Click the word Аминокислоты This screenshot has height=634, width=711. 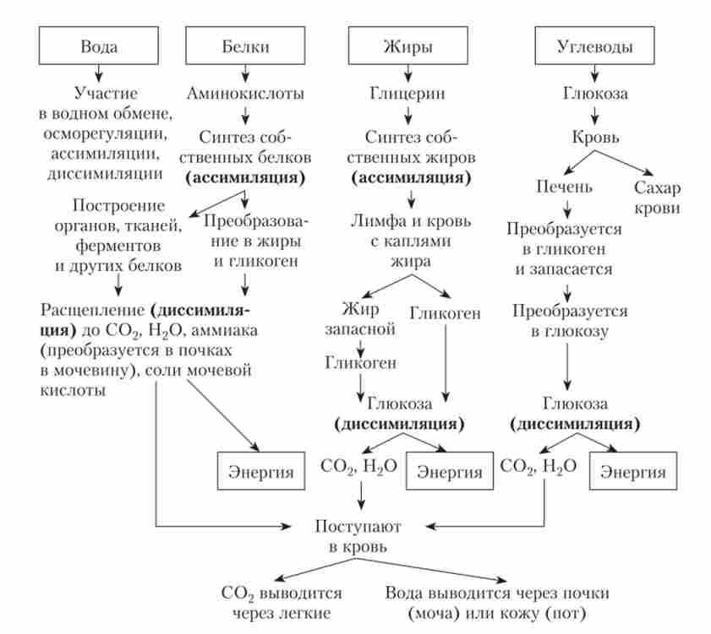pos(244,93)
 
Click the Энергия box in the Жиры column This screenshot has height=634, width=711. pos(449,471)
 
